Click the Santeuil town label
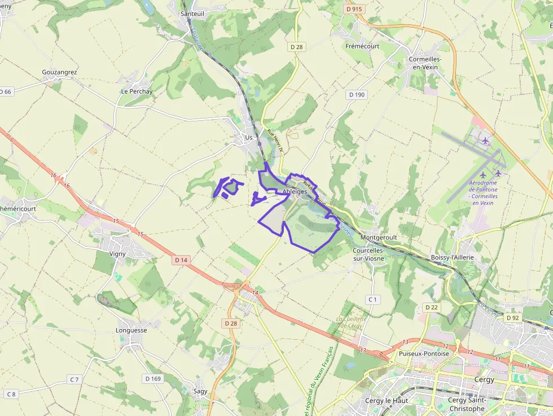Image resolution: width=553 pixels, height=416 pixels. coord(192,14)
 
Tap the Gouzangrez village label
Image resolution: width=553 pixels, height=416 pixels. coord(59,72)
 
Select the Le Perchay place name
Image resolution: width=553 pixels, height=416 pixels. coord(137,91)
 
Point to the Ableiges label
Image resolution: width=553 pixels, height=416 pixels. coord(295,192)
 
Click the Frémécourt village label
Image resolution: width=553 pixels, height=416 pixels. coord(362,46)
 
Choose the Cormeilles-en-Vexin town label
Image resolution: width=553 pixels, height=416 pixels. coord(425,63)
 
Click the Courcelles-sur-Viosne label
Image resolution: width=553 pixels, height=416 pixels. coord(368,255)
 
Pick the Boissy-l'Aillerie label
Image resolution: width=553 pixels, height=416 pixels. coord(452,257)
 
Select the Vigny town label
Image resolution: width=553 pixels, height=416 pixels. coord(118,254)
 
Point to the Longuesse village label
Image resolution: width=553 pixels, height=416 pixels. coord(131,330)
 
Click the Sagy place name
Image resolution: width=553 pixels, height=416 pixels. coord(200,391)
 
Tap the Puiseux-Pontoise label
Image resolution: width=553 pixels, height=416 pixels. coord(424,354)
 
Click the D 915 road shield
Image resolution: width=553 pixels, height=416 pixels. coord(354,10)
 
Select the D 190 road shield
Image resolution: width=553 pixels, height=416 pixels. coord(357,95)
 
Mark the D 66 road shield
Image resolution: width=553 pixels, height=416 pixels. coord(6,91)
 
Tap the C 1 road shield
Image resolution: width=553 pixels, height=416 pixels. coord(372,299)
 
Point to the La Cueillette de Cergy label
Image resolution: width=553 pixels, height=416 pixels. coord(352,322)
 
